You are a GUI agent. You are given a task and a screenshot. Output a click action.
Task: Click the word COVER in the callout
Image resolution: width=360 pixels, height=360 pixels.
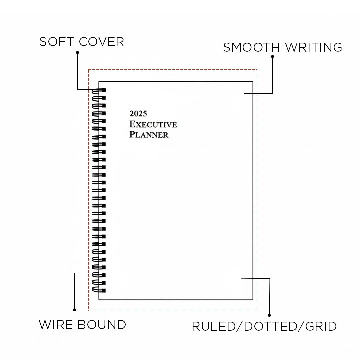pyautogui.click(x=101, y=42)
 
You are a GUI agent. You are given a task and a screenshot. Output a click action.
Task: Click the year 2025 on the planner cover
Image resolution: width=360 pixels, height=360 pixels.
pyautogui.click(x=138, y=114)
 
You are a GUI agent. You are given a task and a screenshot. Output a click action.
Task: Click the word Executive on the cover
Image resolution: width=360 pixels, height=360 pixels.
pyautogui.click(x=153, y=124)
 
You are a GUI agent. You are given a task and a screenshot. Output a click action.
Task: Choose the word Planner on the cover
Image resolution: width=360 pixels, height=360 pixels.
pyautogui.click(x=149, y=135)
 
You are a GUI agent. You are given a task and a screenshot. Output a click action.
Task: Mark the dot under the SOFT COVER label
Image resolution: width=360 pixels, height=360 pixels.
pyautogui.click(x=77, y=52)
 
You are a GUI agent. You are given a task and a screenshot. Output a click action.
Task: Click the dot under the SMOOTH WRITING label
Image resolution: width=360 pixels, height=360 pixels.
pyautogui.click(x=272, y=57)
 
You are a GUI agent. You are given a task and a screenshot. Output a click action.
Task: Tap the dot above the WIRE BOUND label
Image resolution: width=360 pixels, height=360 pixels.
pyautogui.click(x=74, y=310)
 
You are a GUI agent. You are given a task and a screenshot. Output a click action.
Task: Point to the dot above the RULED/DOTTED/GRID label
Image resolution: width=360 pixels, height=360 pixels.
pyautogui.click(x=269, y=315)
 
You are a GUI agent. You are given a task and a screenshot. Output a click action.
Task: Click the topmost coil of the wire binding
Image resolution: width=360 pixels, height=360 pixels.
pyautogui.click(x=98, y=90)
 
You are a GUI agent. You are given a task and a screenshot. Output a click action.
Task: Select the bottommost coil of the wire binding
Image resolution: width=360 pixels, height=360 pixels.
pyautogui.click(x=98, y=290)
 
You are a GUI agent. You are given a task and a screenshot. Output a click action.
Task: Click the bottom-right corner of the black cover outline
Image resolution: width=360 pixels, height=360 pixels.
pyautogui.click(x=253, y=299)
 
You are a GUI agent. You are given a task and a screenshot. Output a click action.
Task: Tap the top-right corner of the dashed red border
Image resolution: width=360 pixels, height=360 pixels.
pyautogui.click(x=257, y=69)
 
